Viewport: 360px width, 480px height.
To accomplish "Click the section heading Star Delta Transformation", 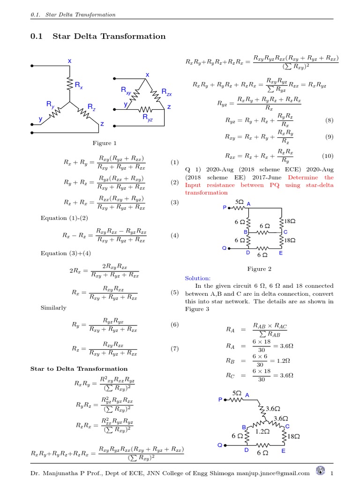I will coord(109,37).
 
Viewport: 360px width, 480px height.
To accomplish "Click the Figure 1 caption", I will coord(104,143).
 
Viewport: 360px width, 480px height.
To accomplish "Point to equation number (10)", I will coord(327,156).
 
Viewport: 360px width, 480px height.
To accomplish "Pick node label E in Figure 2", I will coord(281,253).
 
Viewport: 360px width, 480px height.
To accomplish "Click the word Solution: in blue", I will coord(198,278).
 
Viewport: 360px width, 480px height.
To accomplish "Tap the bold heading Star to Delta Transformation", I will coord(79,368).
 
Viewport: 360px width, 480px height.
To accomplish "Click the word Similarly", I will coord(53,308).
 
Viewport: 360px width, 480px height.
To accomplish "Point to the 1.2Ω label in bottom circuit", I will coord(262,431).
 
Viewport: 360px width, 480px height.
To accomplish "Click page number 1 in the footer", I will coord(331,473).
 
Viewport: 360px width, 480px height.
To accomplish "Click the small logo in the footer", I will coord(321,471).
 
